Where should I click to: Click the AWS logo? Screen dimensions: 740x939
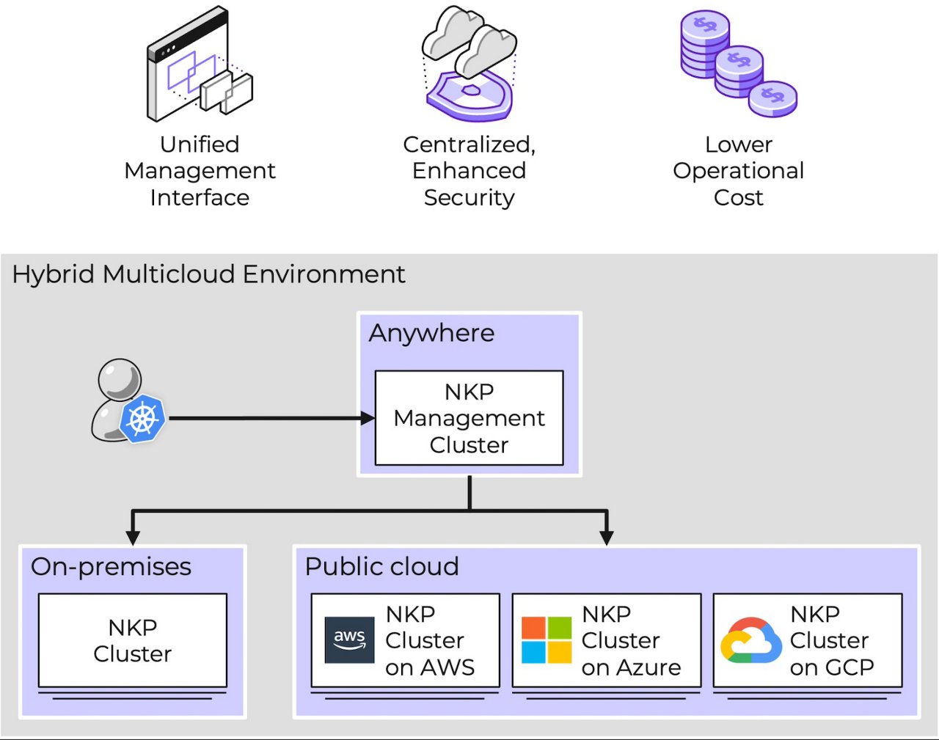[x=349, y=640]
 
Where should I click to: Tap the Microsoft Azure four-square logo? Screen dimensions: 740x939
[x=546, y=640]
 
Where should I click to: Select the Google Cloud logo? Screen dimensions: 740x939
[x=750, y=640]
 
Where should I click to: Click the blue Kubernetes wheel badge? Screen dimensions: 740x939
[x=143, y=418]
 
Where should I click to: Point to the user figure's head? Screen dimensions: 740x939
[x=120, y=378]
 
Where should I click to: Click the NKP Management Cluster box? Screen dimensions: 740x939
[x=469, y=418]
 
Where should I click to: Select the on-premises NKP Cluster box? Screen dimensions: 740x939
[x=133, y=640]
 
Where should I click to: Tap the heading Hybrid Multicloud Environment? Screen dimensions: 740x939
[x=208, y=274]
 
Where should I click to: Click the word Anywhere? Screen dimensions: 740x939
[x=431, y=333]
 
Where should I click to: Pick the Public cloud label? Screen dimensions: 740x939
[x=381, y=566]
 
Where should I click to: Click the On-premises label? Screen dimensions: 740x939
[x=111, y=566]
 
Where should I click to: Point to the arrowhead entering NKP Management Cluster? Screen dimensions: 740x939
[x=368, y=418]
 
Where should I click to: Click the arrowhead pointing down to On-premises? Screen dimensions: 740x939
[x=133, y=536]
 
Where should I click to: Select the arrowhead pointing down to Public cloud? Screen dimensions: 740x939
[x=606, y=536]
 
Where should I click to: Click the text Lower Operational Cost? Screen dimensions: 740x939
[x=738, y=171]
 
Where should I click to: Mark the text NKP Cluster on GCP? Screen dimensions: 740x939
[x=831, y=640]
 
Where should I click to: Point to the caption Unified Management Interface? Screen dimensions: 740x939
[x=200, y=171]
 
